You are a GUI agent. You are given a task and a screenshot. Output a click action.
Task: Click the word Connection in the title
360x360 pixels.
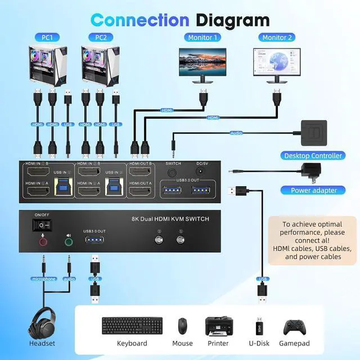point(139,20)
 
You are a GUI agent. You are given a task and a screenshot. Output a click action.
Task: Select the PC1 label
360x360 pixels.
point(47,38)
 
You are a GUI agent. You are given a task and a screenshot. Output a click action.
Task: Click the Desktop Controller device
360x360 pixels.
point(315,134)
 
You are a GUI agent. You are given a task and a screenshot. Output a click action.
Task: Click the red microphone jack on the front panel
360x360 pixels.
point(43,242)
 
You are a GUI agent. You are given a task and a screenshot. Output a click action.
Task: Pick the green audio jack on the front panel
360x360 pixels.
point(69,242)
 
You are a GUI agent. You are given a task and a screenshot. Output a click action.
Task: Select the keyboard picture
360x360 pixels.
point(132,325)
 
